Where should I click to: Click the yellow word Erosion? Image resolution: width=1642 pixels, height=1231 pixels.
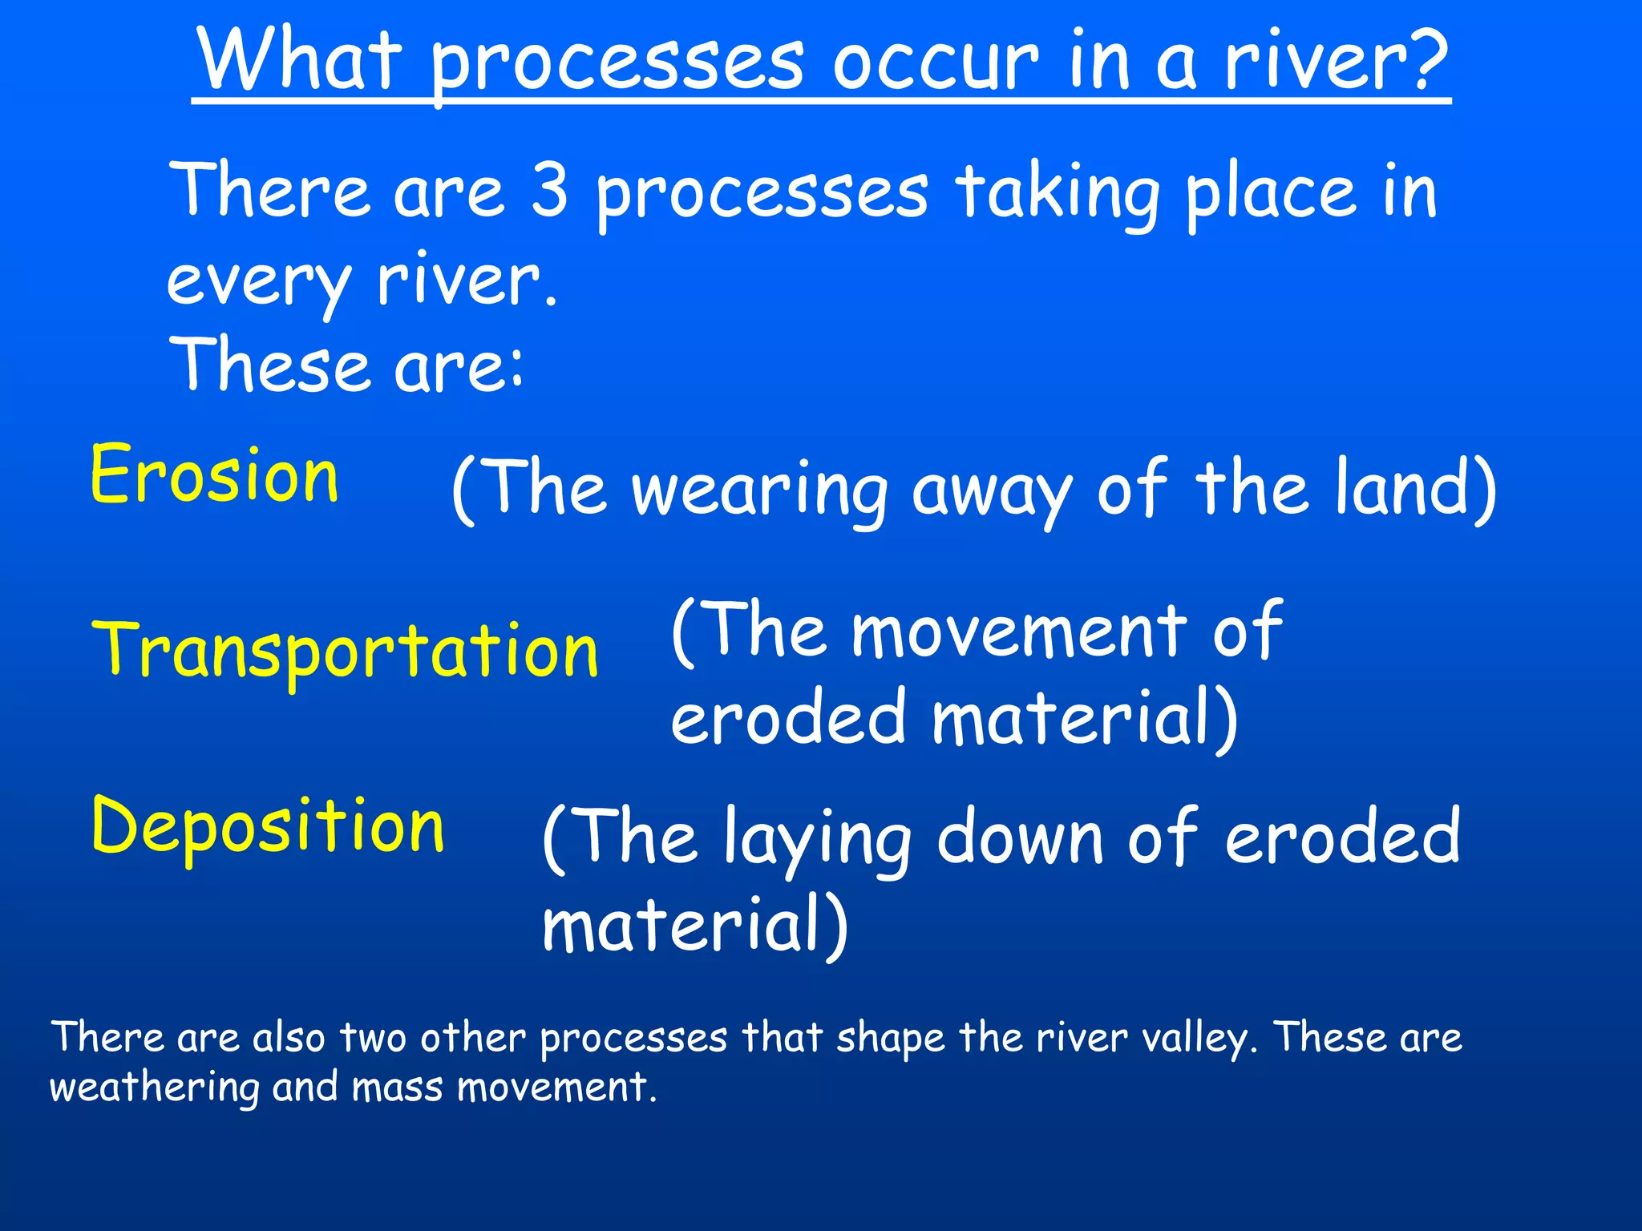(214, 475)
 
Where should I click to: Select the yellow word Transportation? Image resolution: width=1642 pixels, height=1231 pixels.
(346, 651)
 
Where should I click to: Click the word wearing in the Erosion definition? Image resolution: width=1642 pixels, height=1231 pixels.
(760, 490)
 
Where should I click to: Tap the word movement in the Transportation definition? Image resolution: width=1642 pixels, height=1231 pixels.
(1019, 632)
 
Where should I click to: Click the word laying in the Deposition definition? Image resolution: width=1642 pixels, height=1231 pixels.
(817, 838)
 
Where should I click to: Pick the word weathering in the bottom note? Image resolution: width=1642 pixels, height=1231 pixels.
(155, 1088)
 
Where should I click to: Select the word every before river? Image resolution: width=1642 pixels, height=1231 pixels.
(258, 282)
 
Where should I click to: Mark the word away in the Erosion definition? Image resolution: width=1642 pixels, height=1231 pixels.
(992, 490)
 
